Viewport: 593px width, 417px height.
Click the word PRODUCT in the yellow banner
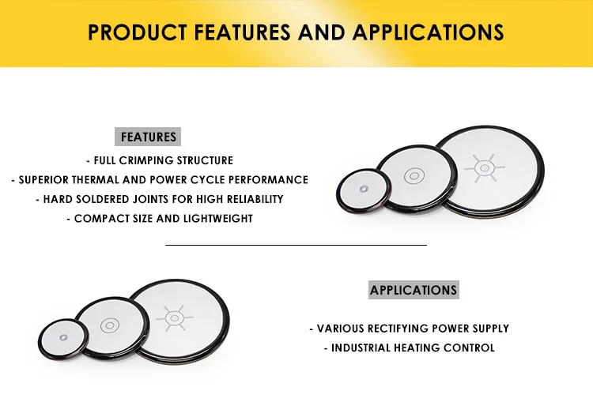[x=138, y=32]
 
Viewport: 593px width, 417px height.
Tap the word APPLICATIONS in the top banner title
[x=428, y=32]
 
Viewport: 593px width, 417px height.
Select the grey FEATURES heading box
[x=148, y=137]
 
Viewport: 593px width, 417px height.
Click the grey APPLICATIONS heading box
[x=414, y=290]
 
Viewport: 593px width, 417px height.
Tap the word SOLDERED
[x=100, y=199]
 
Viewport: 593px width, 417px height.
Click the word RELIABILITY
[x=255, y=199]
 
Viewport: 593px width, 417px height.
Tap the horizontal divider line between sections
[x=296, y=245]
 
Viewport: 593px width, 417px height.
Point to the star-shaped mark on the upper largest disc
[x=485, y=167]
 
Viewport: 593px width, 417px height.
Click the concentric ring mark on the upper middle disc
[x=414, y=176]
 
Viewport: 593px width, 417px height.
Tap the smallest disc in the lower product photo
[x=63, y=339]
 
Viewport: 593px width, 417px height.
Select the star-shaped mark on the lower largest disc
[x=175, y=318]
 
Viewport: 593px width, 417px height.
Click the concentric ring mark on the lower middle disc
[x=110, y=325]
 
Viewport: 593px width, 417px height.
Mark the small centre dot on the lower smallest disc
[x=63, y=337]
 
